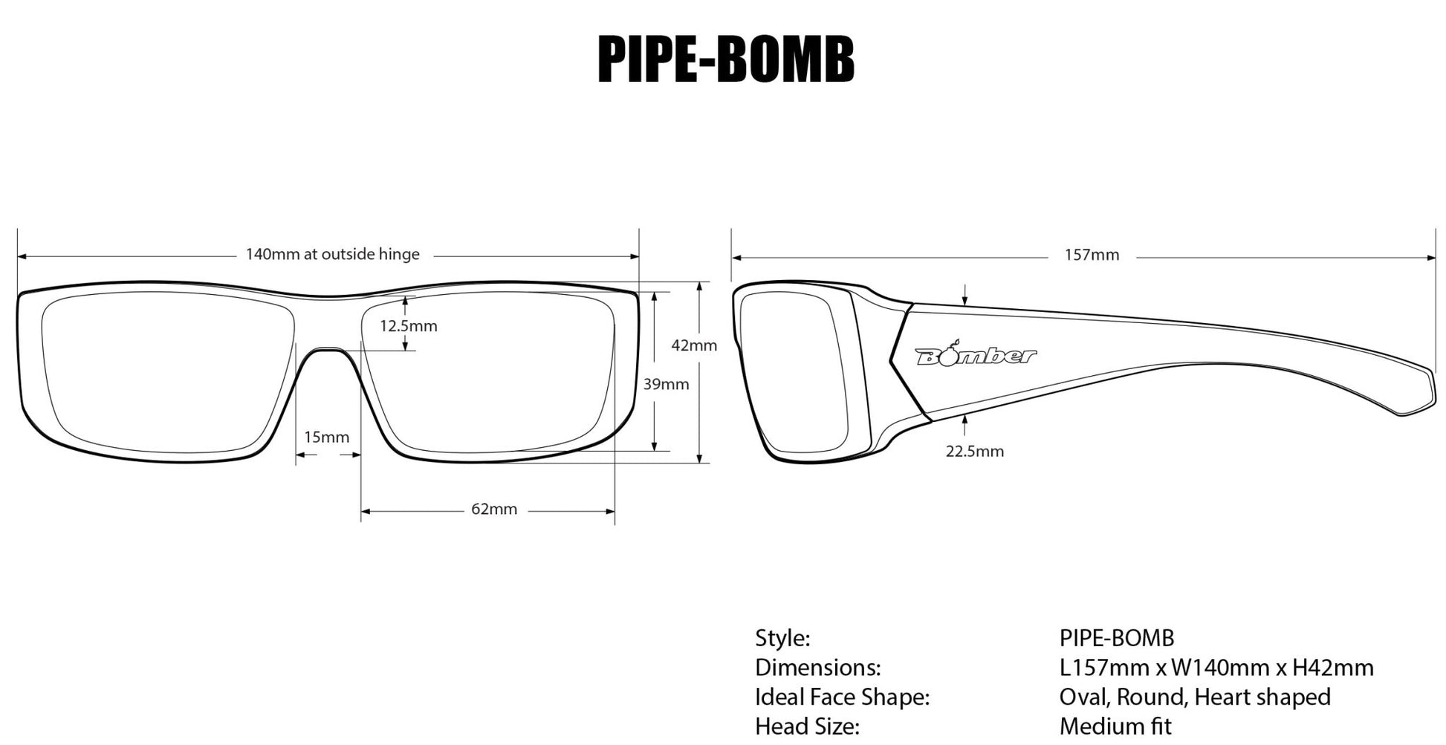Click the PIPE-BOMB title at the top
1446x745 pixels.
coord(725,59)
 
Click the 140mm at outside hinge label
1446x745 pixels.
coord(332,255)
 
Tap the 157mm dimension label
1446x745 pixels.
coord(1091,256)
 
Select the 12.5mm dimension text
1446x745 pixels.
coord(408,326)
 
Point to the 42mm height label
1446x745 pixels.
coord(693,345)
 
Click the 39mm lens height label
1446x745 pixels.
coord(665,385)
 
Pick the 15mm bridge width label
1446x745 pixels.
coord(326,437)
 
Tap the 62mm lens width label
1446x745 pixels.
coord(493,510)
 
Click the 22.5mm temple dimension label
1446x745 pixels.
coord(974,452)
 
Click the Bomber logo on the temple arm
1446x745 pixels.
coord(974,357)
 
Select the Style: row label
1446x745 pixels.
coord(782,638)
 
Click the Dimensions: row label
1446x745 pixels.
coord(817,668)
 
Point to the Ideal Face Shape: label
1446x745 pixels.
coord(842,697)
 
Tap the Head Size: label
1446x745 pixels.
coord(807,726)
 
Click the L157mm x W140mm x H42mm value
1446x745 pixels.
coord(1216,668)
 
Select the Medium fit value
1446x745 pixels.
coord(1115,726)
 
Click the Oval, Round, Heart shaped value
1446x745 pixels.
coord(1194,697)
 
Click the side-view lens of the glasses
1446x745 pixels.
coord(792,371)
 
